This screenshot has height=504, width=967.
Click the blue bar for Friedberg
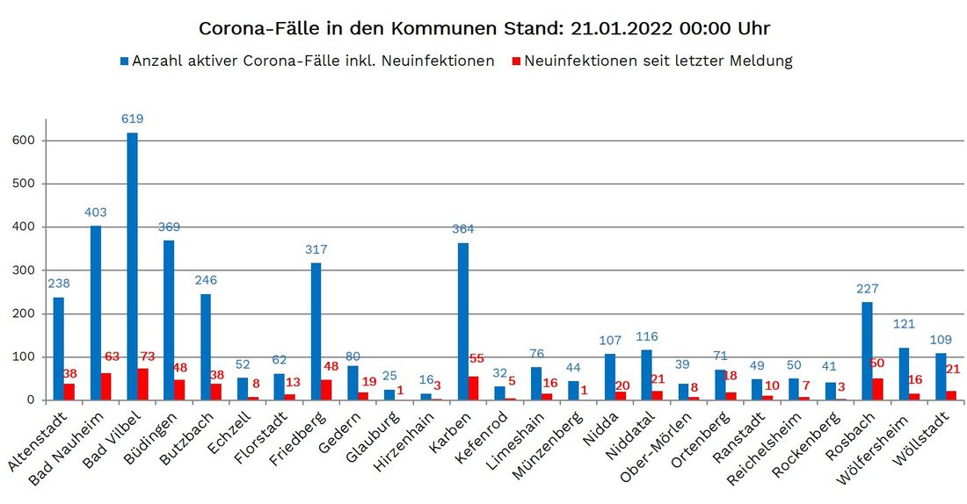pyautogui.click(x=316, y=331)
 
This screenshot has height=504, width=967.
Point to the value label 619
pyautogui.click(x=133, y=119)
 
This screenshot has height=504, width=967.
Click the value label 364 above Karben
pyautogui.click(x=463, y=229)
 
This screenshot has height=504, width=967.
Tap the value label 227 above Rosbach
pyautogui.click(x=867, y=288)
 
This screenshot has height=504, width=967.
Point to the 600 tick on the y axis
pyautogui.click(x=24, y=140)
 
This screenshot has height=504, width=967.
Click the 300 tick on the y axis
pyautogui.click(x=24, y=270)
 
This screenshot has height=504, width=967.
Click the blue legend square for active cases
pyautogui.click(x=125, y=61)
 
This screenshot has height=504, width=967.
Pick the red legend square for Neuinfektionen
pyautogui.click(x=517, y=61)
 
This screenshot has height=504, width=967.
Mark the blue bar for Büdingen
pyautogui.click(x=169, y=320)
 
